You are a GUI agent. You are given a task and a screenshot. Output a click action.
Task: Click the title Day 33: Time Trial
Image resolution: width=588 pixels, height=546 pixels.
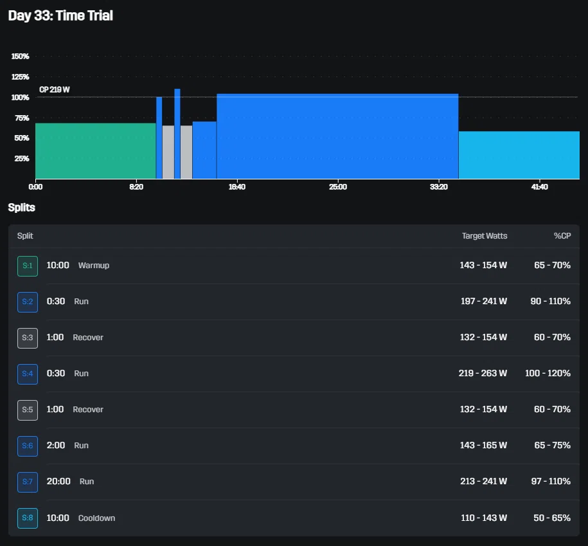tap(60, 16)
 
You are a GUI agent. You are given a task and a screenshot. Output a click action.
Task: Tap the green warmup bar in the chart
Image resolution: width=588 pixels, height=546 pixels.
tap(96, 151)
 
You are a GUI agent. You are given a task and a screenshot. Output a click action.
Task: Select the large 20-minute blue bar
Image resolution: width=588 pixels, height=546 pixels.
tap(337, 136)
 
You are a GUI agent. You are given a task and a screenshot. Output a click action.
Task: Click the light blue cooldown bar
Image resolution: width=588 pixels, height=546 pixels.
tap(519, 155)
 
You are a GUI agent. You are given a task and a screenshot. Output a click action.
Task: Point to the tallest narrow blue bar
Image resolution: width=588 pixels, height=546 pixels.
tap(177, 134)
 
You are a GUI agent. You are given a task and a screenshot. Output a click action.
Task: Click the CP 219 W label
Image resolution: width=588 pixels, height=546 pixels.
tap(55, 89)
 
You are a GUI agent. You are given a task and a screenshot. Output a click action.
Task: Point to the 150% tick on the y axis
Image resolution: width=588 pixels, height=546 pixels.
tap(21, 57)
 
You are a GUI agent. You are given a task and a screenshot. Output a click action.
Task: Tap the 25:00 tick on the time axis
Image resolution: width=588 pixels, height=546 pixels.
tap(338, 187)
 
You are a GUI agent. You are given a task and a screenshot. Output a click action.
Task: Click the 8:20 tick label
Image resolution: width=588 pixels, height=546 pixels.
tap(136, 187)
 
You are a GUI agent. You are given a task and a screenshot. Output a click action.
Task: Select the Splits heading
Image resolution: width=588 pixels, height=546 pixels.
tap(22, 208)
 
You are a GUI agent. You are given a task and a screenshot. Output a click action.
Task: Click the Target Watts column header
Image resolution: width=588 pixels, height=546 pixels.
tap(485, 235)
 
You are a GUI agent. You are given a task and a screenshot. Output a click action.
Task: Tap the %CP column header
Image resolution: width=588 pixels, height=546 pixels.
tap(562, 235)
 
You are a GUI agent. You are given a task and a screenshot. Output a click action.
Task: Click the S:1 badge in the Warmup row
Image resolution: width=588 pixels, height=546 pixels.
tap(28, 266)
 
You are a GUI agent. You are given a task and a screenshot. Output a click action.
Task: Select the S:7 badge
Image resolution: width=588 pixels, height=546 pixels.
tap(28, 482)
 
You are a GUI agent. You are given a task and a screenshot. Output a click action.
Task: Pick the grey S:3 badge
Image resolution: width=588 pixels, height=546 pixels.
tap(28, 338)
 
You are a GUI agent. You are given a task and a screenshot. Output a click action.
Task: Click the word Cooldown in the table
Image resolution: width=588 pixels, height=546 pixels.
tap(97, 518)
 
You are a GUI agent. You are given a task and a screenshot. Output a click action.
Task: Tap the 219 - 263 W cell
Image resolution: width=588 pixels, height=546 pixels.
tap(483, 373)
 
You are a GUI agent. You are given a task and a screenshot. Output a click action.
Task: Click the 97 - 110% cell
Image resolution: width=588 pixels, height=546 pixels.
tap(551, 481)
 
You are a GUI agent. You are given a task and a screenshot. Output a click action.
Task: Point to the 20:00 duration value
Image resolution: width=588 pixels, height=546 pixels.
tap(58, 481)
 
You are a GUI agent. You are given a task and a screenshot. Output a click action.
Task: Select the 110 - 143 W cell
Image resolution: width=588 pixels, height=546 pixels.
tap(484, 518)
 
